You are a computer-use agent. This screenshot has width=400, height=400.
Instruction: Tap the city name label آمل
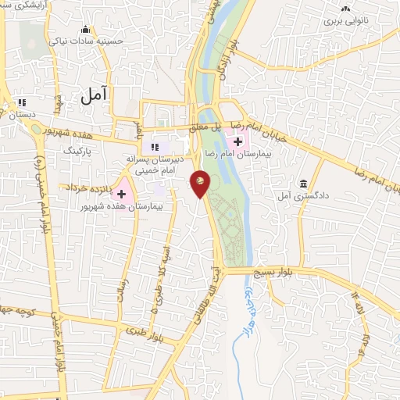93,94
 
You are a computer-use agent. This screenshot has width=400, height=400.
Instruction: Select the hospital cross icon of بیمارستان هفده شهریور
121,193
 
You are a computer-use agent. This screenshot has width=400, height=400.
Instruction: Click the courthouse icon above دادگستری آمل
302,184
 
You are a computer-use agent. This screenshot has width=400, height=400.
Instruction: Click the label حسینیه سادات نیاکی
86,41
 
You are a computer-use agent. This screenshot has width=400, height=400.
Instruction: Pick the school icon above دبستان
22,102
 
